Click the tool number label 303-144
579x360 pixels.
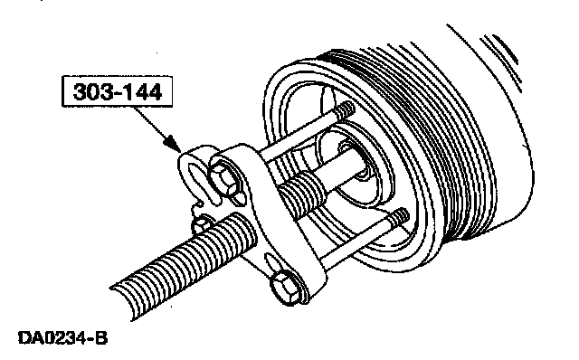[x=118, y=92]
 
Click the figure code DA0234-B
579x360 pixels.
[x=62, y=337]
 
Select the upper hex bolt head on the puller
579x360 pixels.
[x=223, y=178]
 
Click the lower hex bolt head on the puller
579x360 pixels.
[x=286, y=288]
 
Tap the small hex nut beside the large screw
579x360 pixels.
[x=200, y=224]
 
